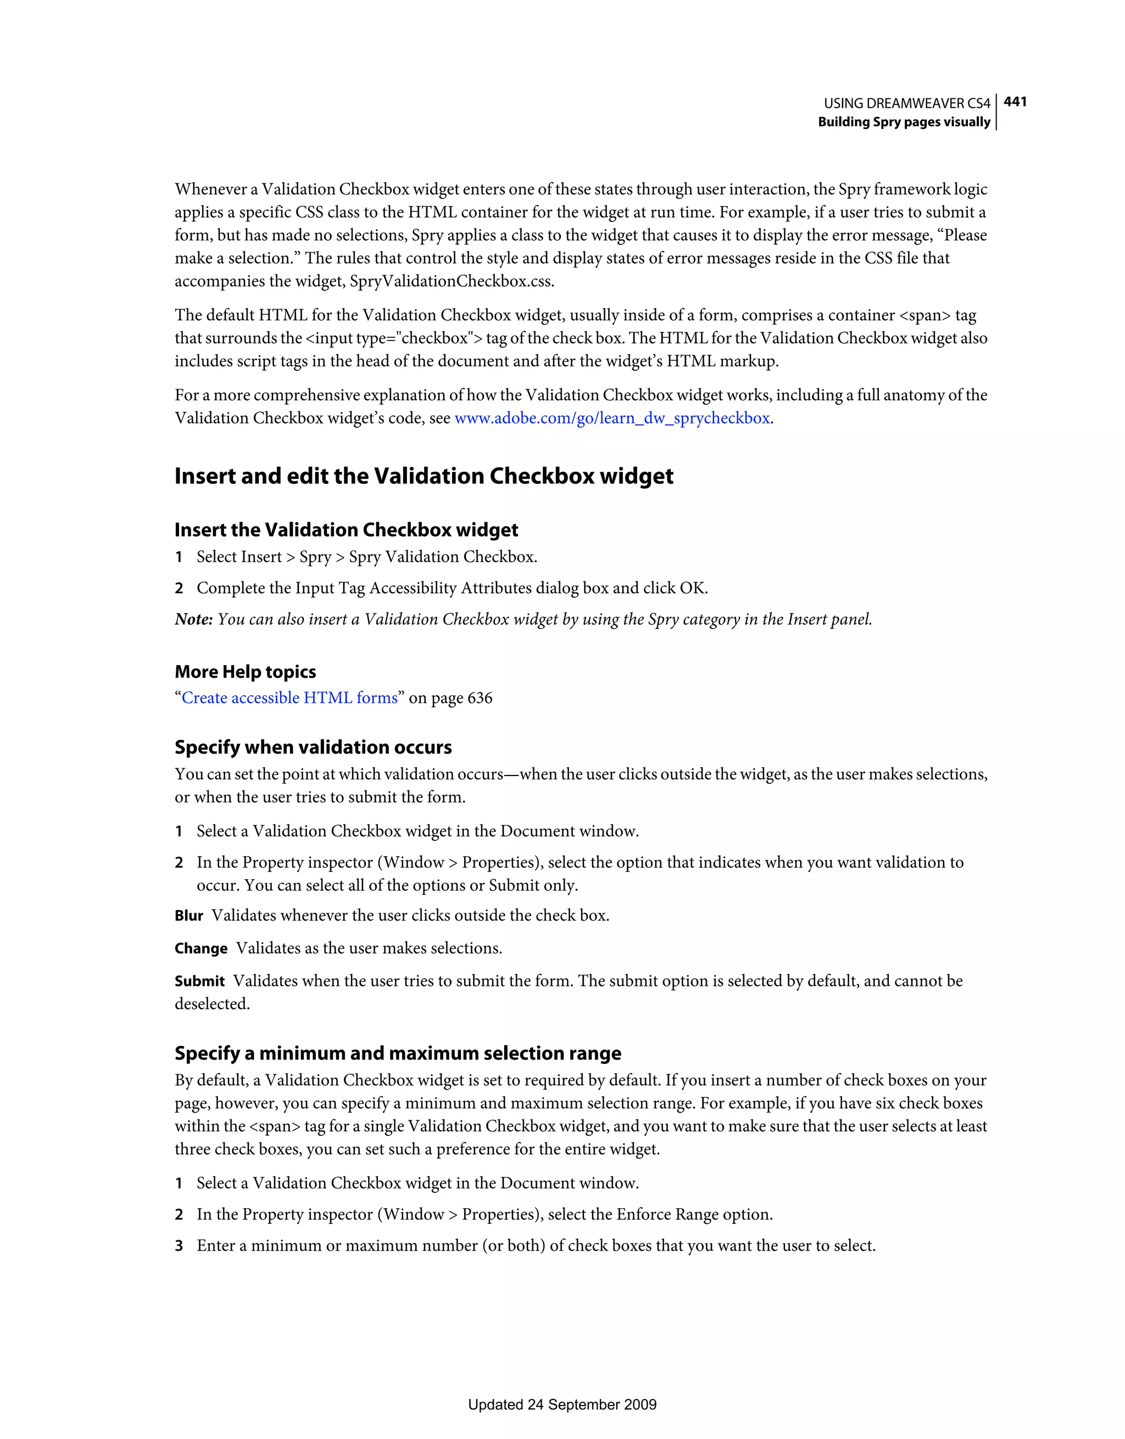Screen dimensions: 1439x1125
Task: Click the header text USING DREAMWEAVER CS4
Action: pyautogui.click(x=906, y=103)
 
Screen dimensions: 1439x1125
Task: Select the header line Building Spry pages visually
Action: pyautogui.click(x=904, y=122)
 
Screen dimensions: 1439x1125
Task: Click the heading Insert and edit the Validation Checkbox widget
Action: pyautogui.click(x=424, y=476)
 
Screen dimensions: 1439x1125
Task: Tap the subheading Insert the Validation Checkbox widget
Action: pyautogui.click(x=346, y=530)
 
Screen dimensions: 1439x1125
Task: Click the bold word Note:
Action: pyautogui.click(x=193, y=620)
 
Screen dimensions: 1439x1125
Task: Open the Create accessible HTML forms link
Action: pyautogui.click(x=289, y=698)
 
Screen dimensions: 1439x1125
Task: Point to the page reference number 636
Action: pyautogui.click(x=479, y=698)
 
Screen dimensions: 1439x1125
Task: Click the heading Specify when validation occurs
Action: pyautogui.click(x=313, y=747)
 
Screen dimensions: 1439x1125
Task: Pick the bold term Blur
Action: pyautogui.click(x=188, y=916)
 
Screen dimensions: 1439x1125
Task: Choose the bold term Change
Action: pyautogui.click(x=201, y=949)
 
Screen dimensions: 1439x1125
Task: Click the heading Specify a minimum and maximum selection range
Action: pyautogui.click(x=397, y=1053)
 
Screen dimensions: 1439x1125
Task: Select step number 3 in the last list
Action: pyautogui.click(x=179, y=1246)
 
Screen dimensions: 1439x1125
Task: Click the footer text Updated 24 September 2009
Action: pyautogui.click(x=562, y=1405)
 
